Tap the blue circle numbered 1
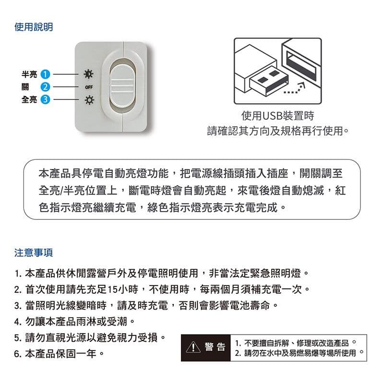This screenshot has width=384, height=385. pos(46,74)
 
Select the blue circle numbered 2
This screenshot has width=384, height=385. pos(46,87)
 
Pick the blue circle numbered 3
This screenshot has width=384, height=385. pos(46,100)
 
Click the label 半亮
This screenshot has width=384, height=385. pos(29,74)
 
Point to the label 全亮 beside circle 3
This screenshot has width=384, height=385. pos(29,100)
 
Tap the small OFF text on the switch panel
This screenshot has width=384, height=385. pos(88,87)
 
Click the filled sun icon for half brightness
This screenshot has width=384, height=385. pos(89,74)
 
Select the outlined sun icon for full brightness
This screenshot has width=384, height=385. pos(89,100)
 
